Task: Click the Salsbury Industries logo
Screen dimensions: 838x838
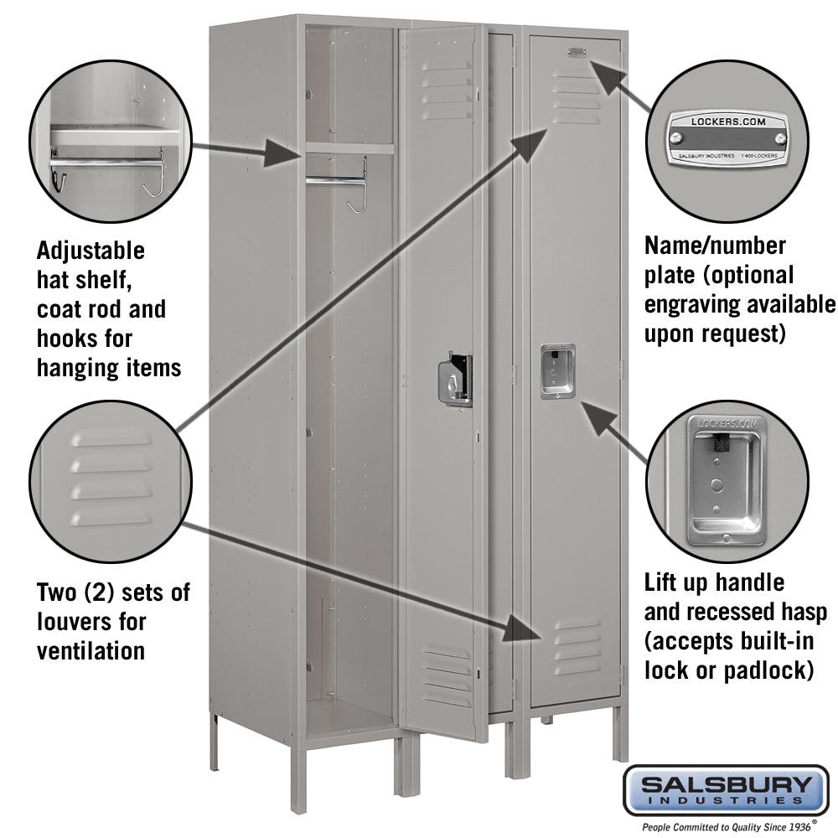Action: [x=726, y=789]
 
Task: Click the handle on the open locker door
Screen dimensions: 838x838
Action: [x=457, y=380]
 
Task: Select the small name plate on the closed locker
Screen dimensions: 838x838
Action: [x=577, y=52]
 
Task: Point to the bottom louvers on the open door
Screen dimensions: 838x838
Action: [x=447, y=675]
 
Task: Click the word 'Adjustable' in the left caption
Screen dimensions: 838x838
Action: [x=91, y=251]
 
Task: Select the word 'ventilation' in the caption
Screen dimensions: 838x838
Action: [x=91, y=651]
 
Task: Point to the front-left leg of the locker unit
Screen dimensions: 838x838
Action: [x=299, y=779]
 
